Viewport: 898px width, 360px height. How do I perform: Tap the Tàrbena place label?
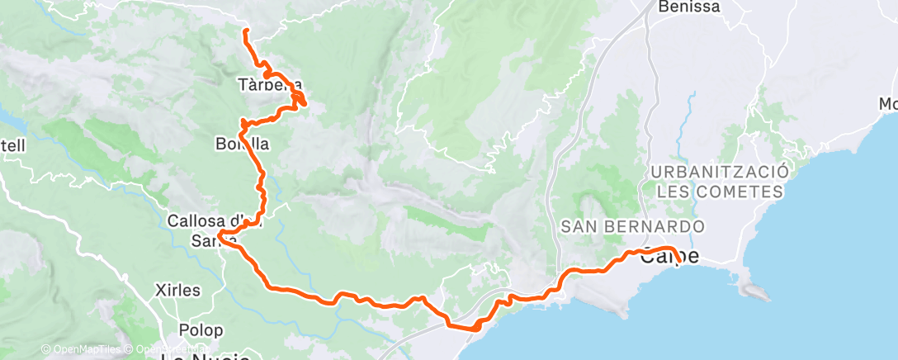click(269, 84)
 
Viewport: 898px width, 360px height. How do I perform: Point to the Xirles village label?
click(177, 291)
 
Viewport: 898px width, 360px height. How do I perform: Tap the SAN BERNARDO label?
click(632, 226)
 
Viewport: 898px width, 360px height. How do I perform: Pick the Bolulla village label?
click(241, 144)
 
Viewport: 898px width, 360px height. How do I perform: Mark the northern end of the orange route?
click(245, 31)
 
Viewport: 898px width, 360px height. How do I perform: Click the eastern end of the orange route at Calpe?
click(678, 261)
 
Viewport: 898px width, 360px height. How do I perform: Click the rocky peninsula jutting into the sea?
click(755, 291)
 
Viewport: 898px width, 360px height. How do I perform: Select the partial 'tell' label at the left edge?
click(14, 146)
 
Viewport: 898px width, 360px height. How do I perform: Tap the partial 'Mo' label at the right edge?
click(887, 104)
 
